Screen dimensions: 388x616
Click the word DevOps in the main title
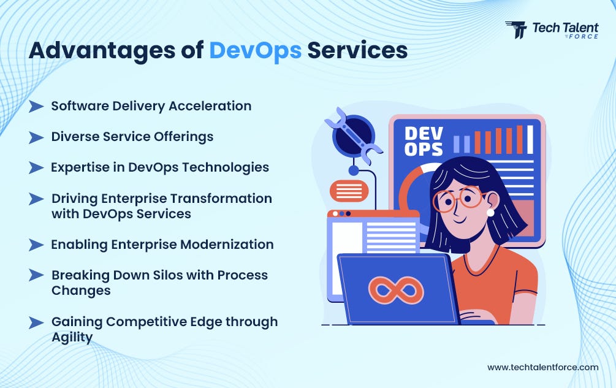click(255, 50)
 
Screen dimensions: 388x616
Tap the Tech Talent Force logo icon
click(516, 30)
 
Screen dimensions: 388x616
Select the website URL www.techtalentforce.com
click(542, 367)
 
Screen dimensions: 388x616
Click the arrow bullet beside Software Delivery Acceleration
click(36, 106)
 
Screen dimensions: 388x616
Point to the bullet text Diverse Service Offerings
click(132, 136)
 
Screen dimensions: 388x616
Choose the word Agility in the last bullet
click(72, 337)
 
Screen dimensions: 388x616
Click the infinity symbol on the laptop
click(395, 290)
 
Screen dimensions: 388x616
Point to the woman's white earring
click(490, 212)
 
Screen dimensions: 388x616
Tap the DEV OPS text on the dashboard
click(424, 141)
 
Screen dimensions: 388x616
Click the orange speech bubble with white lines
click(349, 191)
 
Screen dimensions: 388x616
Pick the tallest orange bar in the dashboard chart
click(520, 139)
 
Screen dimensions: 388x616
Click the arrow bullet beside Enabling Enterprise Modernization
click(36, 245)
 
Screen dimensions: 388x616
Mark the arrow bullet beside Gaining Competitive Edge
click(36, 322)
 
